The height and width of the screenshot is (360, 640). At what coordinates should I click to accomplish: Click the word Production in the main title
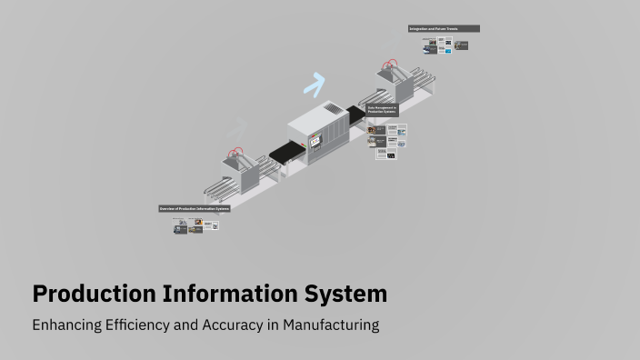[x=94, y=295]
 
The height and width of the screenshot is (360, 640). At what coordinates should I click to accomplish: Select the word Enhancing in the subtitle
[x=66, y=325]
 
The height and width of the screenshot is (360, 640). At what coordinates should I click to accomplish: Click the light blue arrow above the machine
[x=315, y=85]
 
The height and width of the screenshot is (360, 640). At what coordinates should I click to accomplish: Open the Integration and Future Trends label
[x=444, y=29]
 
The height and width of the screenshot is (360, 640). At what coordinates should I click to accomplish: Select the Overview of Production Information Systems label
[x=195, y=208]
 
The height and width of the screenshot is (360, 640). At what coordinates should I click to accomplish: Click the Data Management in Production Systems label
[x=383, y=110]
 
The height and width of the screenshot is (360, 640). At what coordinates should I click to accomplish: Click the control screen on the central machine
[x=315, y=141]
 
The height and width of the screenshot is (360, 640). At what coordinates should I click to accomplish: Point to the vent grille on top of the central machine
[x=334, y=109]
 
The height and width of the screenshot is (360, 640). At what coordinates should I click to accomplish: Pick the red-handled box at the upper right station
[x=391, y=71]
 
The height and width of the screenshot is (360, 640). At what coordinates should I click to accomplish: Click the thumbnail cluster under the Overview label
[x=195, y=225]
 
